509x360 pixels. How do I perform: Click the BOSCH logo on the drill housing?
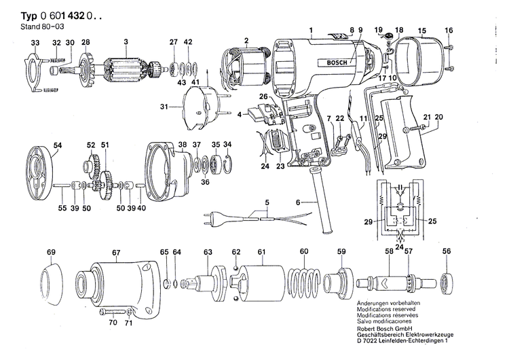click(x=336, y=63)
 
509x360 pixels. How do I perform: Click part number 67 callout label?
click(x=116, y=253)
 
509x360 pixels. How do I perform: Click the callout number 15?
click(x=421, y=31)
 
